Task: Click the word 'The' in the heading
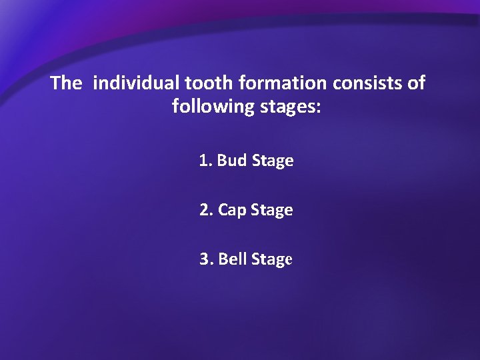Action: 66,83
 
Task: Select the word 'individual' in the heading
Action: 137,83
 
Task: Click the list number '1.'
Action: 205,161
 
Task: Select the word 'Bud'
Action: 232,161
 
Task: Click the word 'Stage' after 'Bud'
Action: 273,161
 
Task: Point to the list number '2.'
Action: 206,210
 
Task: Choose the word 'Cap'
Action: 232,211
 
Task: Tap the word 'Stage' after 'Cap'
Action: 272,211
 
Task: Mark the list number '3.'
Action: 206,259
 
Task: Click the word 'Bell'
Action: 233,259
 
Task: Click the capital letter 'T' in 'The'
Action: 56,83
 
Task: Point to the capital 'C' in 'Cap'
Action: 223,210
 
